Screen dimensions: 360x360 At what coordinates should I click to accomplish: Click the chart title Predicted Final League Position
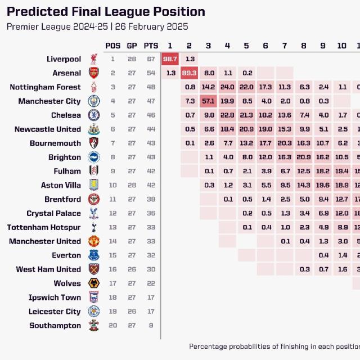pyautogui.click(x=106, y=12)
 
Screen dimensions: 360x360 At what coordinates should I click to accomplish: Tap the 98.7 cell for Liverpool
pyautogui.click(x=170, y=59)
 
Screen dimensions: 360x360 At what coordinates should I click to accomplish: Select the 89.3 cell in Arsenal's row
pyautogui.click(x=189, y=73)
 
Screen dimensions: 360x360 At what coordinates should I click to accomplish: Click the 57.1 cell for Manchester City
pyautogui.click(x=208, y=101)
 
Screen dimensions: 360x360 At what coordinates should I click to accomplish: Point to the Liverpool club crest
pyautogui.click(x=93, y=59)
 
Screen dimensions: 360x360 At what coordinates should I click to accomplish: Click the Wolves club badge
pyautogui.click(x=93, y=283)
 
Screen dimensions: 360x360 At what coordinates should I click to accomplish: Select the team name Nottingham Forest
pyautogui.click(x=45, y=87)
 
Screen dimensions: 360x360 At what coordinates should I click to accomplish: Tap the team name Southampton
pyautogui.click(x=55, y=326)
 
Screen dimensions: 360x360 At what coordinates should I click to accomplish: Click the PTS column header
pyautogui.click(x=151, y=46)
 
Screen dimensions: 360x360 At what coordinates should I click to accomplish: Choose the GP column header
pyautogui.click(x=132, y=46)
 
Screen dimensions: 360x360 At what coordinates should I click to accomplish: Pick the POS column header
pyautogui.click(x=112, y=46)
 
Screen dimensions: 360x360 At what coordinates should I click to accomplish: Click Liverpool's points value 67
pyautogui.click(x=151, y=59)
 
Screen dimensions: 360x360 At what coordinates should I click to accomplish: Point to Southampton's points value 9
pyautogui.click(x=151, y=326)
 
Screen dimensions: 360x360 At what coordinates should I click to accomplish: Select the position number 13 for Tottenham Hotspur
pyautogui.click(x=112, y=227)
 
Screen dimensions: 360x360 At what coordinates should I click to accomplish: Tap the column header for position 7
pyautogui.click(x=285, y=46)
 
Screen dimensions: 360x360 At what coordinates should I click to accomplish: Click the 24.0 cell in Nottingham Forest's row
pyautogui.click(x=227, y=87)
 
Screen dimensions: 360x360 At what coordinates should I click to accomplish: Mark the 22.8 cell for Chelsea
pyautogui.click(x=227, y=115)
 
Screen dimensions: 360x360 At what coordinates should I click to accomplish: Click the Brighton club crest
pyautogui.click(x=93, y=157)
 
